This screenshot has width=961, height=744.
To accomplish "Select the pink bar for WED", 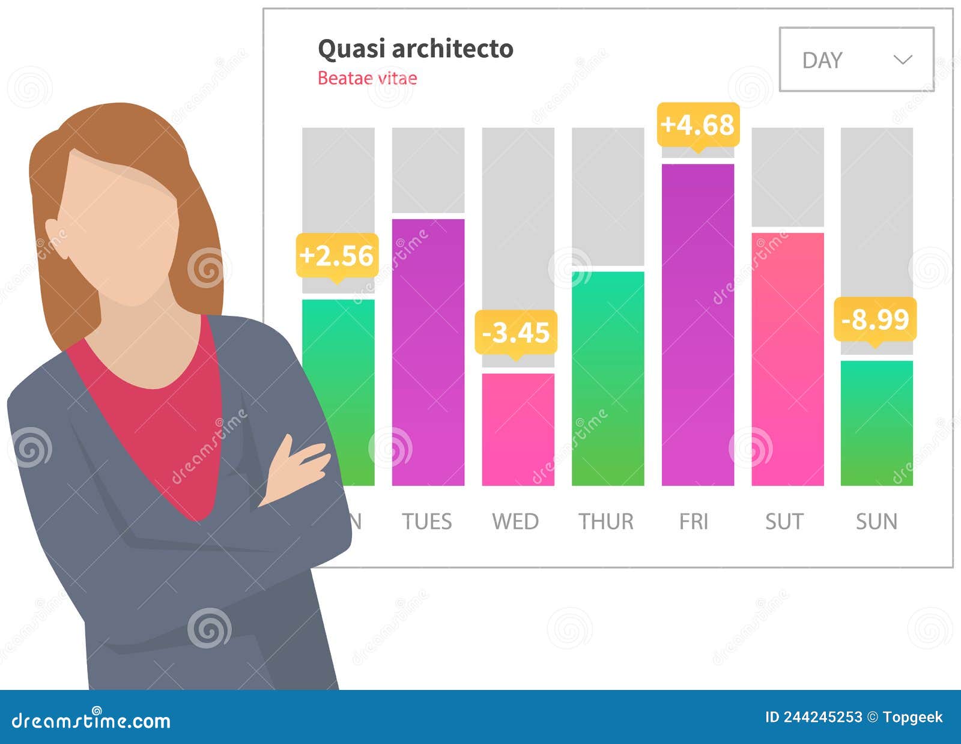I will (x=518, y=429).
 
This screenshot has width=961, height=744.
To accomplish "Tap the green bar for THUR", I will (x=607, y=378).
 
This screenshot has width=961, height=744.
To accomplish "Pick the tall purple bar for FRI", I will (x=697, y=324).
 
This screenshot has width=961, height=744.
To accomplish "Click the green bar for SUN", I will (x=876, y=423).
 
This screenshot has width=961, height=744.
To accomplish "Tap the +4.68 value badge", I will (x=697, y=125).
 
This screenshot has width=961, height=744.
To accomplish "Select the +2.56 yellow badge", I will (x=337, y=256).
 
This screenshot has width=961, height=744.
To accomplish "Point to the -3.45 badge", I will (x=516, y=332).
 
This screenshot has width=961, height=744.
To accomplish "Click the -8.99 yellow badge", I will (x=875, y=319).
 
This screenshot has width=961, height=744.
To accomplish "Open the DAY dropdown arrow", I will (x=903, y=59).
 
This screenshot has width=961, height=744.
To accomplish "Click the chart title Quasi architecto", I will (x=415, y=49).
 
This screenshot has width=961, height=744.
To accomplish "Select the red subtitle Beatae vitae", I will (x=367, y=78).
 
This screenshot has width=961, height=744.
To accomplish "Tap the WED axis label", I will (x=515, y=521).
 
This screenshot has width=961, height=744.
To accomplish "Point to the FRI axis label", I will (x=694, y=521).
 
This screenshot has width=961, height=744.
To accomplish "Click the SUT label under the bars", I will (x=784, y=521).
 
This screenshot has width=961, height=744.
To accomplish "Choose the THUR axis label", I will (x=605, y=521).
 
